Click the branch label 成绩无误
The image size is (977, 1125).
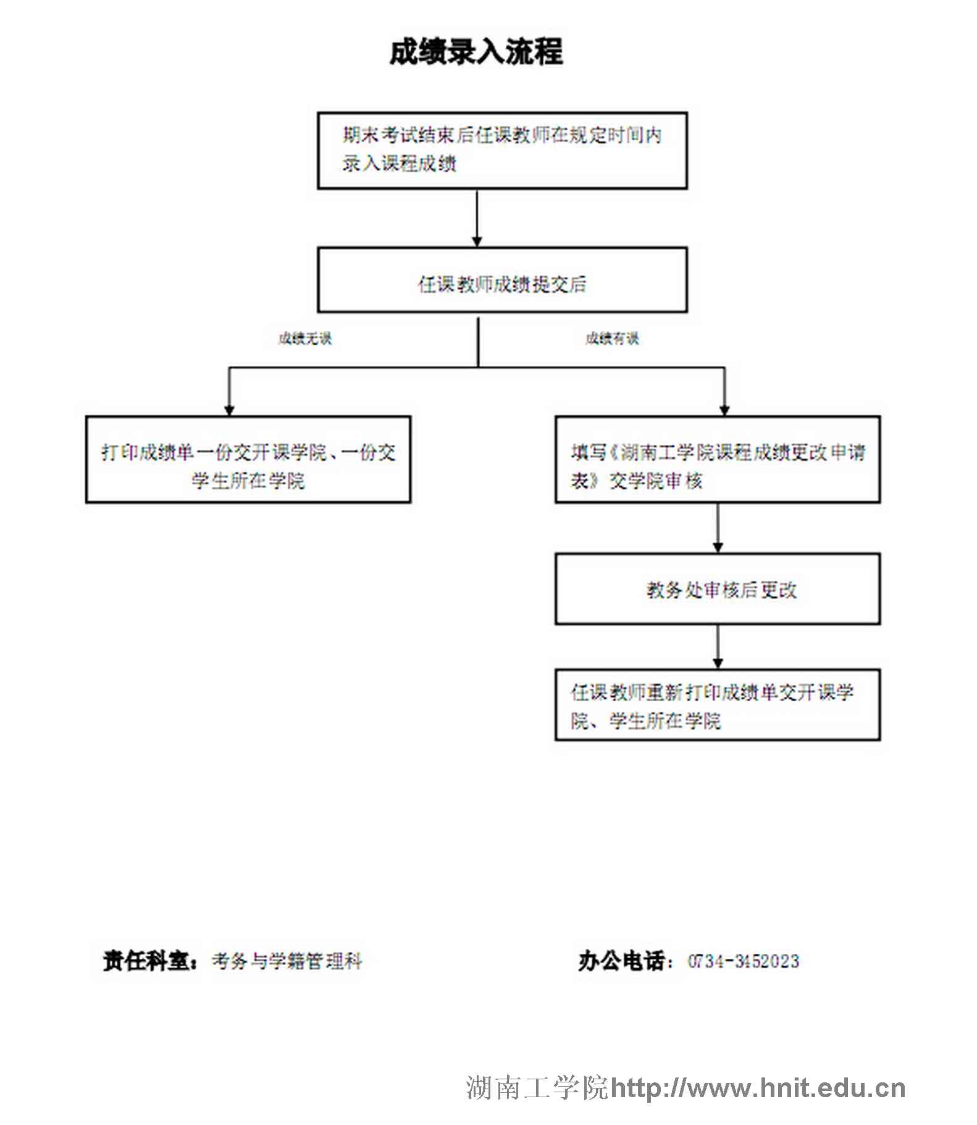click(x=305, y=338)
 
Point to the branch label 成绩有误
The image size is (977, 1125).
click(x=612, y=338)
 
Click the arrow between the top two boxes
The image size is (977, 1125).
click(x=477, y=218)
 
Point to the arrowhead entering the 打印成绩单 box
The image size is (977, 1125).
click(x=229, y=410)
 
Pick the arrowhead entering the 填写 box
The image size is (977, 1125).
click(x=724, y=410)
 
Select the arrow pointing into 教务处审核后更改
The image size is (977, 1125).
click(x=718, y=528)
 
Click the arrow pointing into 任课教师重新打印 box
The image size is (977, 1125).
click(x=718, y=647)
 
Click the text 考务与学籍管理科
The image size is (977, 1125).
click(x=287, y=961)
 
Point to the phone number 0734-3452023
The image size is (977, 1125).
click(x=744, y=961)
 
